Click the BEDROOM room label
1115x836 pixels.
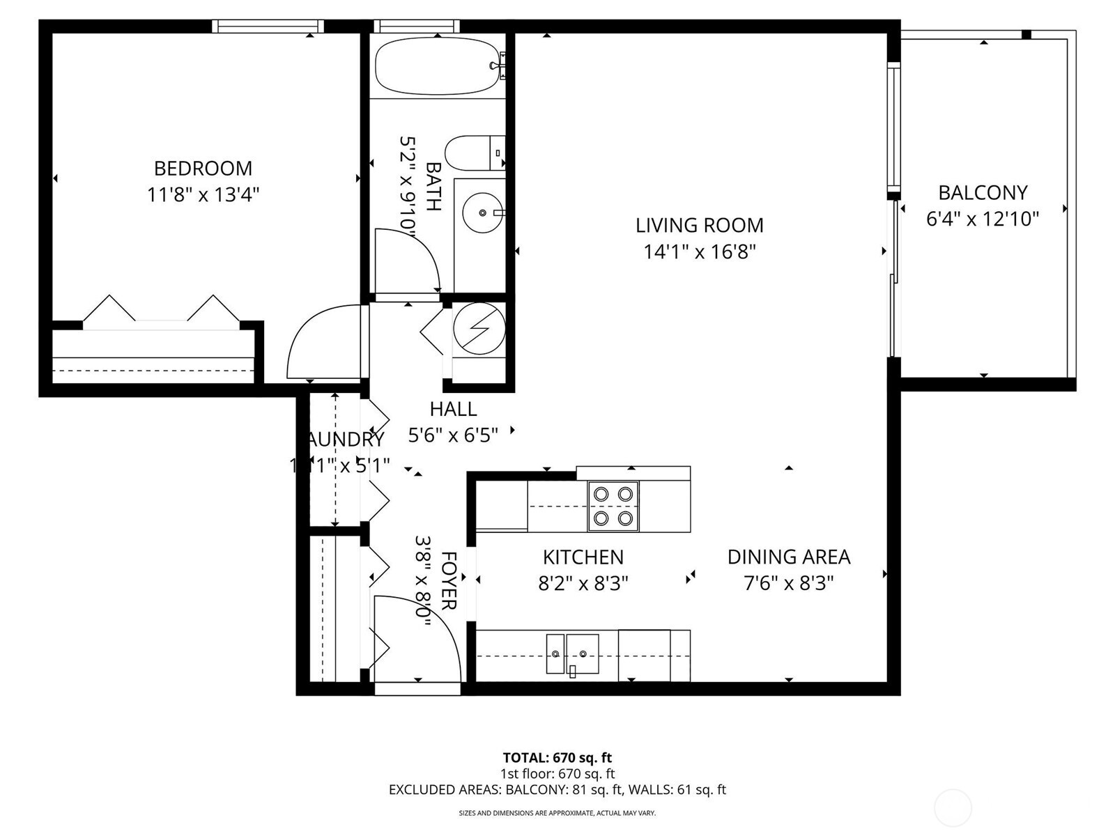[203, 168]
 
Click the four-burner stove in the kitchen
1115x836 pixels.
[613, 506]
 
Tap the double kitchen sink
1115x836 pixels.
[572, 653]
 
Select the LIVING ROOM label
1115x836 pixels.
[699, 225]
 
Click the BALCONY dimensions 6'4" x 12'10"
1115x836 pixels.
[982, 219]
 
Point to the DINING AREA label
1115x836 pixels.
[788, 557]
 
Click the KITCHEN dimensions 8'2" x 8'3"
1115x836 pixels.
[583, 582]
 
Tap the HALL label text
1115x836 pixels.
[453, 409]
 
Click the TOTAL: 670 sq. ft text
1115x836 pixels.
[557, 757]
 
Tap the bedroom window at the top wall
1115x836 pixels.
[268, 26]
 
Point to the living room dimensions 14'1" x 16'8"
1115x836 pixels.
[699, 251]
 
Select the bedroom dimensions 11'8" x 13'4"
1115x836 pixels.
[203, 194]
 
